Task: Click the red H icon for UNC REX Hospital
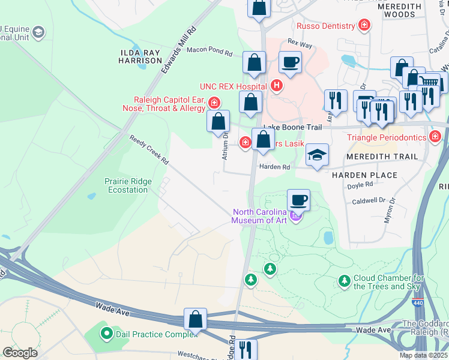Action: click(276, 86)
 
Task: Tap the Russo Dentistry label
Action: click(325, 26)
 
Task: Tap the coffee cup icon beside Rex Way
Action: click(290, 62)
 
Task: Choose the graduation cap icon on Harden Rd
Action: click(317, 155)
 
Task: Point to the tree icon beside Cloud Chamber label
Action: click(344, 281)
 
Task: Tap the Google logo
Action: click(20, 353)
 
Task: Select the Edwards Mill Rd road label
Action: click(179, 50)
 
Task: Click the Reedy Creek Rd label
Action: click(149, 151)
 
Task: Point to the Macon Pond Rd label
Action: click(209, 52)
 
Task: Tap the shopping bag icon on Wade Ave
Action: click(196, 319)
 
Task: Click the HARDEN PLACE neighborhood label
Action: click(364, 175)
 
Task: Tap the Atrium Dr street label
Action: click(226, 145)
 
